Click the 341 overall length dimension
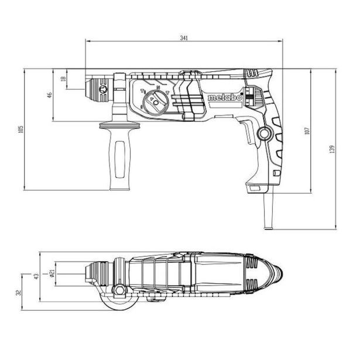pyautogui.click(x=184, y=38)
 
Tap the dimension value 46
pyautogui.click(x=50, y=94)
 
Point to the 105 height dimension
pyautogui.click(x=20, y=129)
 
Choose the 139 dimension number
pyautogui.click(x=332, y=149)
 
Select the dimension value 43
pyautogui.click(x=36, y=276)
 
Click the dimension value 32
pyautogui.click(x=19, y=292)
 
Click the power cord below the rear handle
pyautogui.click(x=270, y=210)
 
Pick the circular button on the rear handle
pyautogui.click(x=265, y=135)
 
